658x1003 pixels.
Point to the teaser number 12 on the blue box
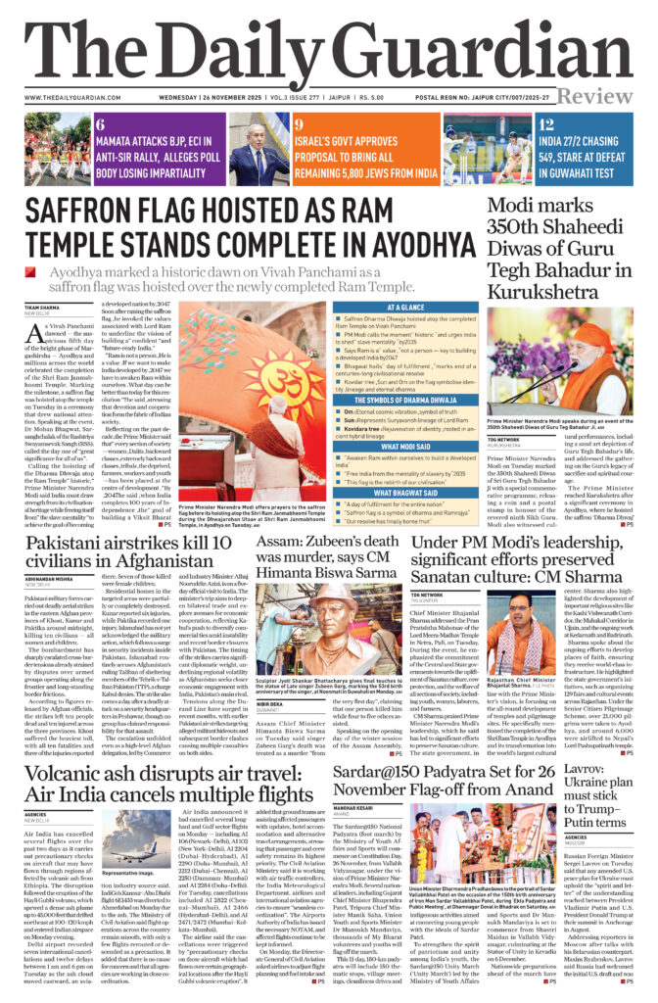pos(546,124)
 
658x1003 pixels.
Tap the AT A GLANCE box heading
pos(405,307)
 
